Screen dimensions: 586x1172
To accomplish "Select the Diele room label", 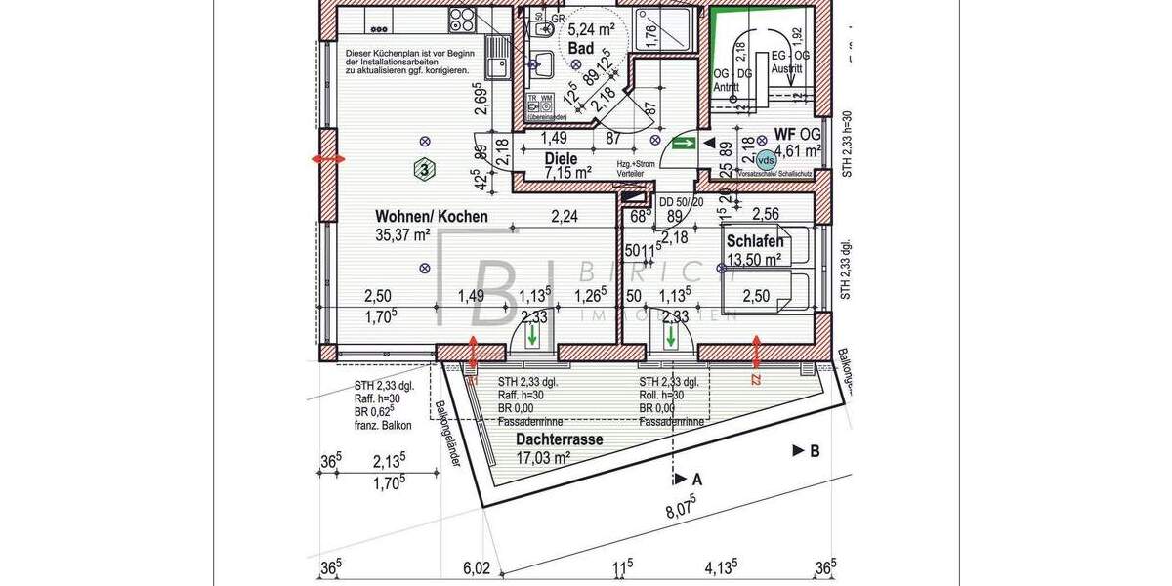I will (561, 158).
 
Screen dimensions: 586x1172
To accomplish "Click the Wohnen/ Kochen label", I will (432, 217).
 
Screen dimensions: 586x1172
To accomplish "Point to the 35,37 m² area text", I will (403, 234).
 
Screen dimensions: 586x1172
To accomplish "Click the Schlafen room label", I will (755, 242).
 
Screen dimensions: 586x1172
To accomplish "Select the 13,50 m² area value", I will (753, 260).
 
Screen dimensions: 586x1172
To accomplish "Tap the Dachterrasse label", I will (559, 439).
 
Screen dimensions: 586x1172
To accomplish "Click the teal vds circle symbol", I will (767, 158).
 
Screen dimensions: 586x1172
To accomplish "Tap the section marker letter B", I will (814, 450).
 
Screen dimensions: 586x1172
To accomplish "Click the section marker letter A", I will (696, 480).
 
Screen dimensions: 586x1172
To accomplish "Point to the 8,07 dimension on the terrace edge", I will (680, 509).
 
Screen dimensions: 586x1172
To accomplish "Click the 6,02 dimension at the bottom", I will (476, 567).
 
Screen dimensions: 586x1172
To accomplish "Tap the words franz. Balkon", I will (383, 426).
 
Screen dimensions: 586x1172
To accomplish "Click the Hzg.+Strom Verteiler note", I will (636, 169).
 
